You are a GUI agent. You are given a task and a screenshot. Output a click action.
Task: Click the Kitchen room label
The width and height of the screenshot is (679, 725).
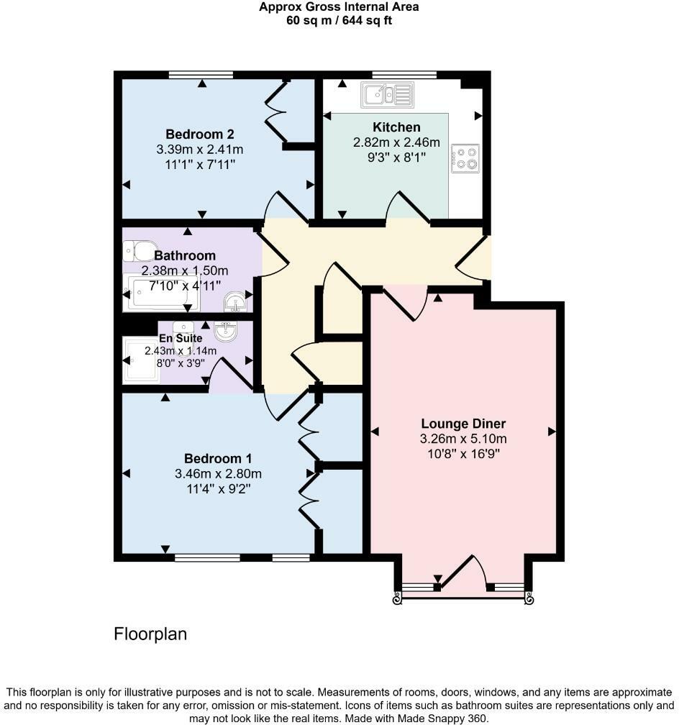pyautogui.click(x=397, y=127)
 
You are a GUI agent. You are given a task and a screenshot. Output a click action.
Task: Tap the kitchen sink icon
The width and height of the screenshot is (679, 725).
pyautogui.click(x=387, y=94)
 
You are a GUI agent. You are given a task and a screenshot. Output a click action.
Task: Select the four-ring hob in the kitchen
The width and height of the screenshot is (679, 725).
pyautogui.click(x=465, y=159)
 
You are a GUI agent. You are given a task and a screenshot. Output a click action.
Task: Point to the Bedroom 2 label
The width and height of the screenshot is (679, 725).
pyautogui.click(x=199, y=134)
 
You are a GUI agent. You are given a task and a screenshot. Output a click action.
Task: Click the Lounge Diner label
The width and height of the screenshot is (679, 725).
pyautogui.click(x=463, y=423)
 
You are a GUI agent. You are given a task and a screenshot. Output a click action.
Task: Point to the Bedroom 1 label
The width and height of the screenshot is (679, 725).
pyautogui.click(x=218, y=458)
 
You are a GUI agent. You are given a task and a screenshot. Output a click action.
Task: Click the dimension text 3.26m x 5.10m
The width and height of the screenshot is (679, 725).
pyautogui.click(x=463, y=439)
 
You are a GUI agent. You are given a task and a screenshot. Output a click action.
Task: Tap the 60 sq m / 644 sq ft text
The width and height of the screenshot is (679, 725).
pyautogui.click(x=339, y=20)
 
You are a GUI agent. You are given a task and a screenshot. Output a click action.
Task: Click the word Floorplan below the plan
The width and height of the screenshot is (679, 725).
pyautogui.click(x=150, y=634)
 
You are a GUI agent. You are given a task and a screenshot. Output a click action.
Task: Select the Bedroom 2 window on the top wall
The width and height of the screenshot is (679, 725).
pyautogui.click(x=201, y=74)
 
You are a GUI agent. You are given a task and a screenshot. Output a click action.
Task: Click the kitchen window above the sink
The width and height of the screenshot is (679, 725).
pyautogui.click(x=404, y=74)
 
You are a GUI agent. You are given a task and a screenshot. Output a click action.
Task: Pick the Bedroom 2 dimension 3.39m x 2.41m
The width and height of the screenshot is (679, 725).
pyautogui.click(x=199, y=150)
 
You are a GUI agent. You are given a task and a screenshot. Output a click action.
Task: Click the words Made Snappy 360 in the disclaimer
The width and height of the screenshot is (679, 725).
pyautogui.click(x=450, y=718)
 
